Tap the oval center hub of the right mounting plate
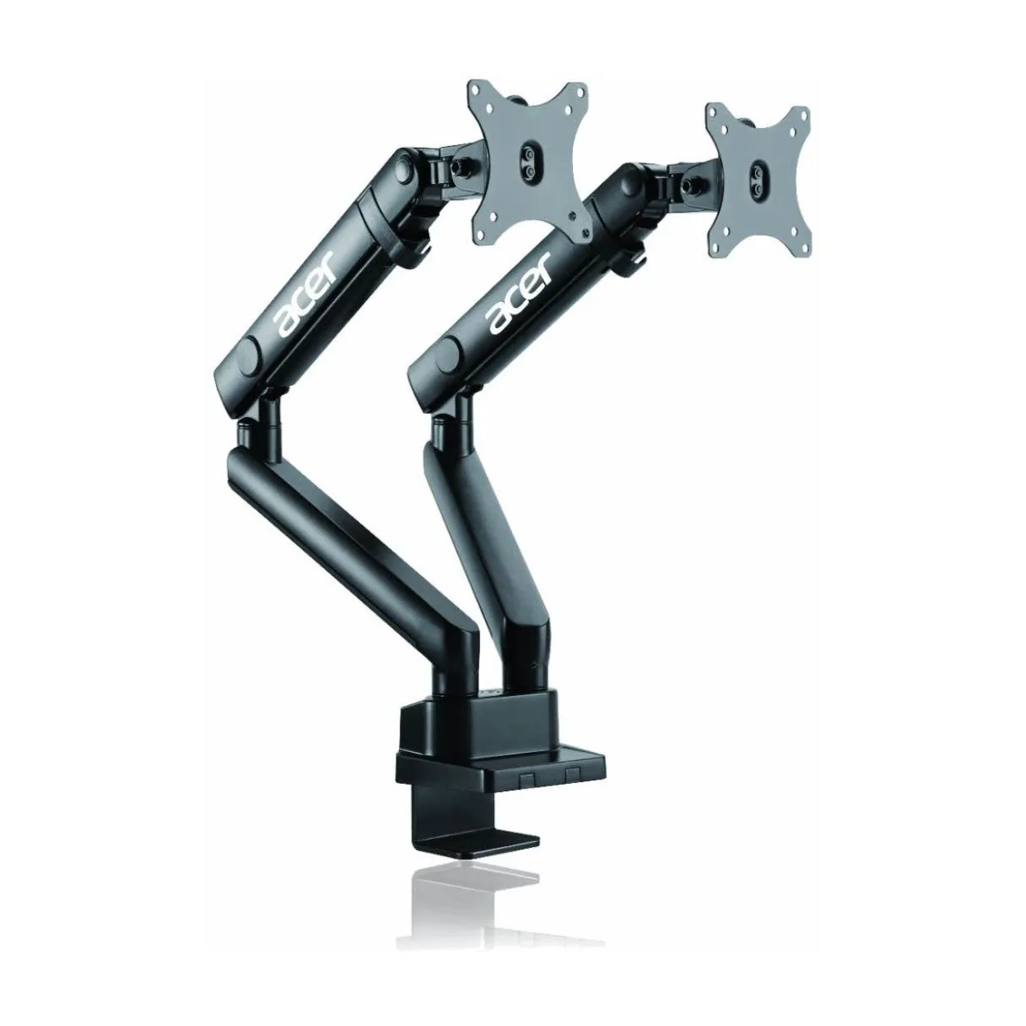coord(757,180)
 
